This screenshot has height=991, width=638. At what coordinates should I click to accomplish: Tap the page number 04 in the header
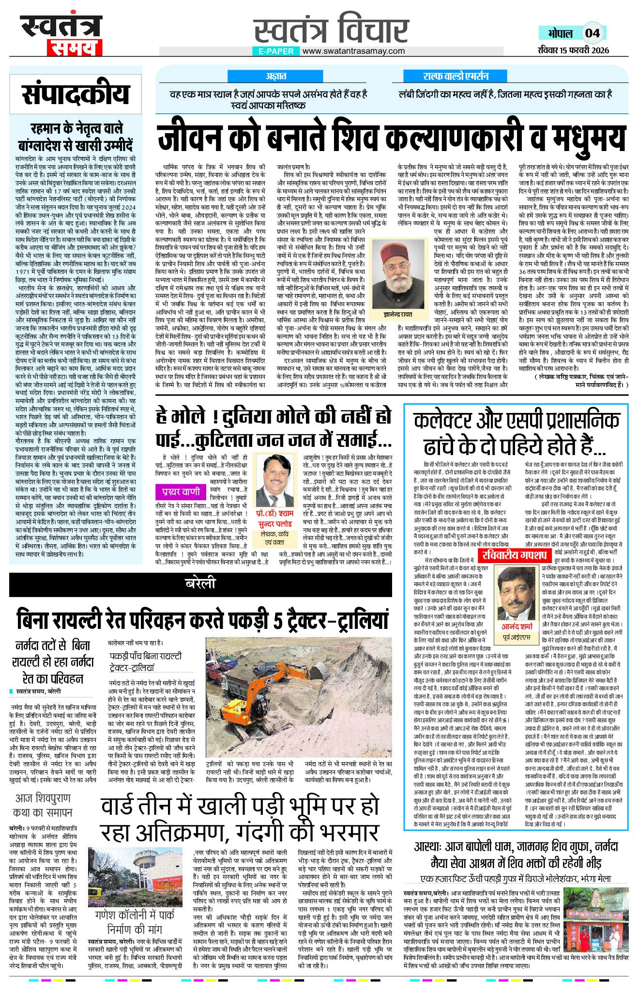click(x=592, y=33)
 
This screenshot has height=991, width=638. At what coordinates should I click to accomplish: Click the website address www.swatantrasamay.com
click(x=353, y=51)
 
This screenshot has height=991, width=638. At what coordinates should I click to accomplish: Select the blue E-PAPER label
click(x=276, y=51)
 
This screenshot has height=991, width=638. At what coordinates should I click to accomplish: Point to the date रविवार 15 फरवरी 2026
click(x=573, y=50)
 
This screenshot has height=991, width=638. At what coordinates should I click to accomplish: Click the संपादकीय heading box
click(x=76, y=94)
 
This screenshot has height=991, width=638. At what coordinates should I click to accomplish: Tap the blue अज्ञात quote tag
click(x=275, y=76)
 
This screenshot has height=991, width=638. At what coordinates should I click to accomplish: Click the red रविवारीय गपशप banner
click(x=514, y=555)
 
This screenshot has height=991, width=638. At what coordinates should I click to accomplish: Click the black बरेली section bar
click(x=200, y=583)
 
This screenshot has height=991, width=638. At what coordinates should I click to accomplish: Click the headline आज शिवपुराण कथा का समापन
click(x=43, y=805)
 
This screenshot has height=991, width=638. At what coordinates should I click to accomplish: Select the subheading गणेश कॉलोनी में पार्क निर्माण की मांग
click(x=135, y=922)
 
